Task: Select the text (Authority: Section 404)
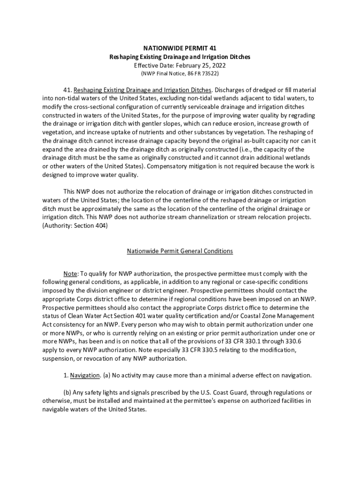tap(75, 226)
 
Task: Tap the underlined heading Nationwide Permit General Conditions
tap(180, 251)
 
